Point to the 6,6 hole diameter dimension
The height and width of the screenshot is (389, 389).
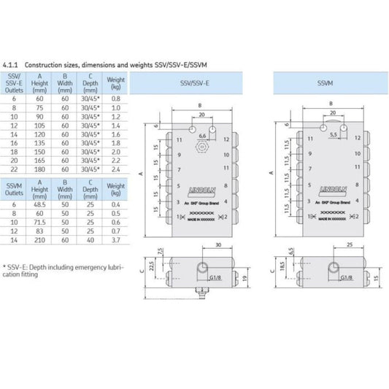point(204,136)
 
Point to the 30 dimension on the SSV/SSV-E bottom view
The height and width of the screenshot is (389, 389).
point(219,244)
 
